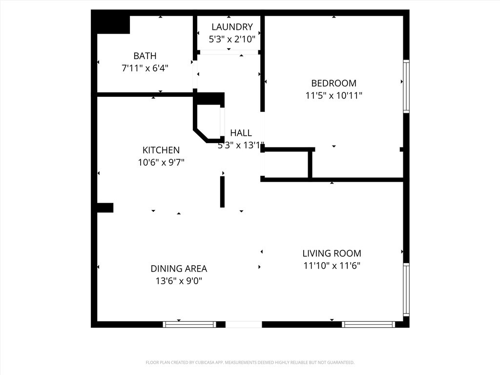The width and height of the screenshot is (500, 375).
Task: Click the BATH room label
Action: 145,56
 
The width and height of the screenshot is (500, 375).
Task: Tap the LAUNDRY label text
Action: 232,27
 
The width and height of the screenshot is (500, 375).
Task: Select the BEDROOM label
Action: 333,83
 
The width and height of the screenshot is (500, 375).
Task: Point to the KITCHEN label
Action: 161,150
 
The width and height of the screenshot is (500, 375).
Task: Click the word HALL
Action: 241,133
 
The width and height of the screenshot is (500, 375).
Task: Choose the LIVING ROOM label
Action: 332,253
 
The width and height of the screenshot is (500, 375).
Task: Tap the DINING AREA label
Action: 179,269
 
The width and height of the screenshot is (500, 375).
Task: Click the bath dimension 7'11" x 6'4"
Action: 145,68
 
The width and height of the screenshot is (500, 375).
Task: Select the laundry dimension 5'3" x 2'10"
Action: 232,39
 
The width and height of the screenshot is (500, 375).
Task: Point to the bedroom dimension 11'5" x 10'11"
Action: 333,95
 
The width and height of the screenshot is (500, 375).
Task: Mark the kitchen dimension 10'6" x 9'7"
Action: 161,162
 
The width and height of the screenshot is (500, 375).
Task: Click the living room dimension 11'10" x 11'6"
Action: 332,266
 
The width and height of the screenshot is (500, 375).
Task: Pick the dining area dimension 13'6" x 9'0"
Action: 179,281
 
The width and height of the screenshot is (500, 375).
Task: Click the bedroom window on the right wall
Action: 406,86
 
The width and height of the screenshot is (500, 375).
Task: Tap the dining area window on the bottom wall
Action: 189,324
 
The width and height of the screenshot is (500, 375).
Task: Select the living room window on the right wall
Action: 406,290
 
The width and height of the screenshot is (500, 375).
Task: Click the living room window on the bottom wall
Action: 368,324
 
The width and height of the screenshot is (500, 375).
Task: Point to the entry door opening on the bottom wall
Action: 244,324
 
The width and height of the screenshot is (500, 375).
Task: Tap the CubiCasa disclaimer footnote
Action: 250,363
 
